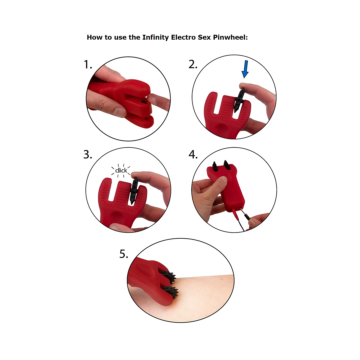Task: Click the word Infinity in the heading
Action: [x=156, y=37]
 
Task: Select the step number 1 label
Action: [x=88, y=65]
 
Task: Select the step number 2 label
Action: [x=193, y=65]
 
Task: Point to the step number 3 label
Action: [x=88, y=155]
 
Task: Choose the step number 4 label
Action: [x=193, y=155]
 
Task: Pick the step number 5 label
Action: [x=124, y=254]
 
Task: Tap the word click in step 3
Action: [x=121, y=171]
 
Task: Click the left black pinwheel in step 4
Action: [x=216, y=166]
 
